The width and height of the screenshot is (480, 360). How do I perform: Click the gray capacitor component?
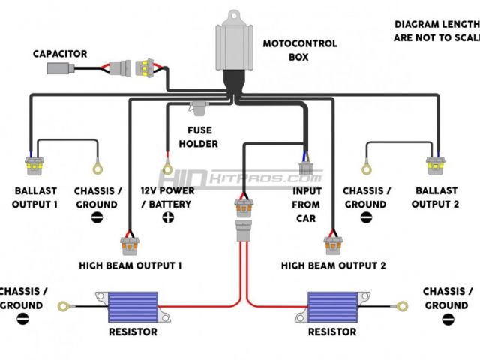pyautogui.click(x=60, y=69)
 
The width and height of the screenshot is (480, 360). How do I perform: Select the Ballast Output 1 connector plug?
pyautogui.click(x=31, y=165)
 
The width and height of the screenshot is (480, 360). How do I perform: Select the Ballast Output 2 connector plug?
pyautogui.click(x=435, y=165)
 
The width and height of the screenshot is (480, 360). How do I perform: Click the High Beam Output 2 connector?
pyautogui.click(x=331, y=246)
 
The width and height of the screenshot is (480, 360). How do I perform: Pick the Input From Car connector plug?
pyautogui.click(x=304, y=167)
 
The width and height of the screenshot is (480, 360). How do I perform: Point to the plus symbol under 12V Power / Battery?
pyautogui.click(x=167, y=217)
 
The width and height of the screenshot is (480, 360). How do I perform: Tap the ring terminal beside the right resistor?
pyautogui.click(x=402, y=305)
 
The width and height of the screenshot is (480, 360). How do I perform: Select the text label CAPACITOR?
pyautogui.click(x=60, y=54)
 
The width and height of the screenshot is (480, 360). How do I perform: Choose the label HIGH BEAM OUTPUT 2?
pyautogui.click(x=333, y=265)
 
